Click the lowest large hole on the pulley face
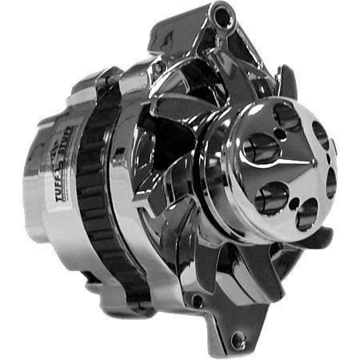click(306, 214)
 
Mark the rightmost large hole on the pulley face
click(330, 182)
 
